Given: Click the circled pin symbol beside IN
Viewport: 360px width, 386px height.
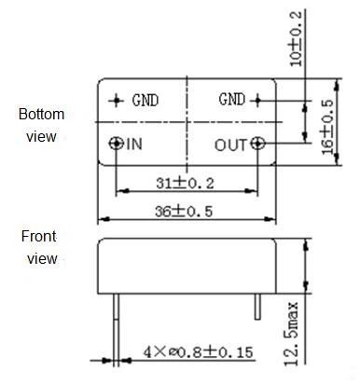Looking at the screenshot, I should (x=116, y=144).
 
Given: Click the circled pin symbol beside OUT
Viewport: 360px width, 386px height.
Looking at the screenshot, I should (x=258, y=144).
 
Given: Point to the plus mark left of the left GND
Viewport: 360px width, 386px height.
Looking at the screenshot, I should (x=117, y=100).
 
